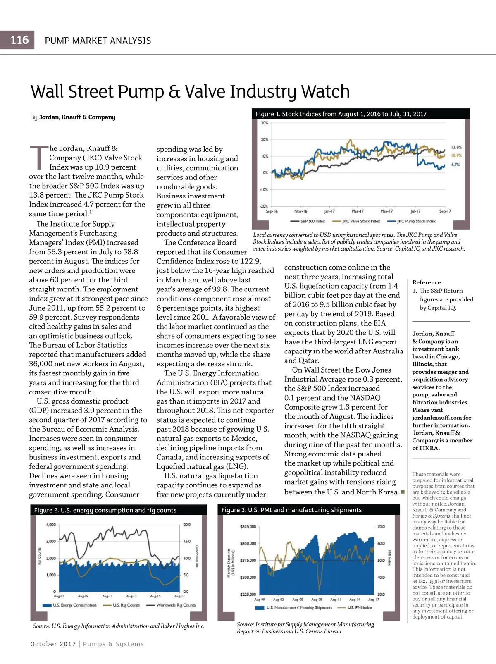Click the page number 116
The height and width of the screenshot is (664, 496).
pos(19,40)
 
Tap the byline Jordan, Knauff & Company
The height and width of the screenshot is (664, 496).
pos(77,117)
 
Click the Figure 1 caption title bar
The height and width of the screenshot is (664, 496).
pos(341,114)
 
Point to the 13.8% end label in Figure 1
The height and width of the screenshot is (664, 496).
pos(456,147)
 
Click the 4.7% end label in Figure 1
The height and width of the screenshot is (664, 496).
pos(455,165)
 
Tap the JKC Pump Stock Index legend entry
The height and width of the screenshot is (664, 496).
pos(416,221)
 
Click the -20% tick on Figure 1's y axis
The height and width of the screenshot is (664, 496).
pos(264,206)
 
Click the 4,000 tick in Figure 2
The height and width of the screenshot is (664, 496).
pos(50,525)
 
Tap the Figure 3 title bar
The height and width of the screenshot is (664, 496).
pos(291,510)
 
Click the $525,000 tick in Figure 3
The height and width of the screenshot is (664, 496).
pos(248,527)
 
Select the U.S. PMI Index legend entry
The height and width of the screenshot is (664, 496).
pos(359,607)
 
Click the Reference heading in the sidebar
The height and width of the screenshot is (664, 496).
pos(427,282)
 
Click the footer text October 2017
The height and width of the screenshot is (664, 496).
pos(53,644)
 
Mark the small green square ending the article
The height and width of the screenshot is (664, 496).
pos(403,492)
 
